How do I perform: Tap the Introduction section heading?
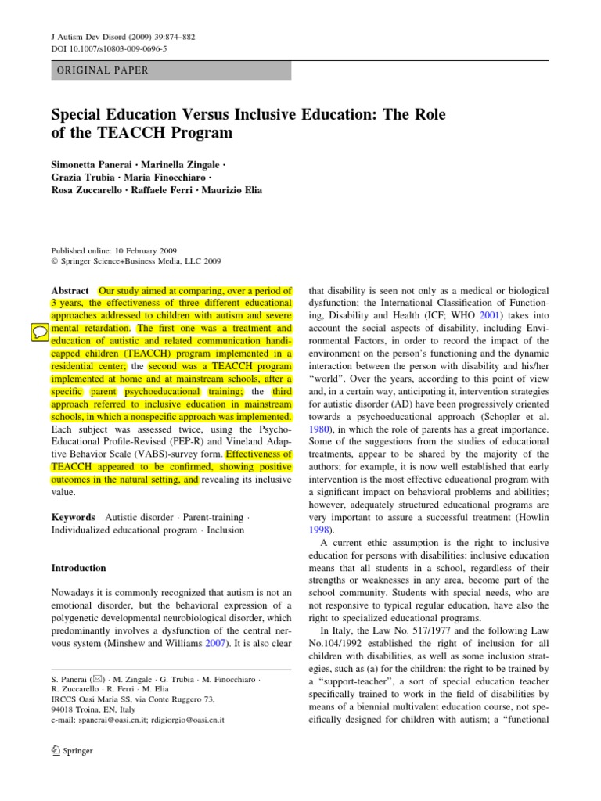point(78,568)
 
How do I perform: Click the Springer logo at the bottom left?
point(71,751)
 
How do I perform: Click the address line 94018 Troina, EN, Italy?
point(95,707)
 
